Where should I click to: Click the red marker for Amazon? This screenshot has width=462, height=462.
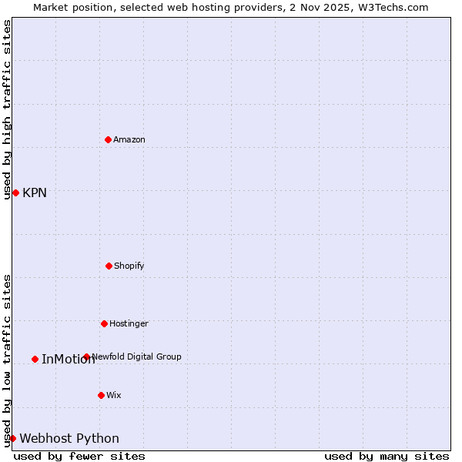point(108,139)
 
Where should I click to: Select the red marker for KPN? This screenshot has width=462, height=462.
point(15,192)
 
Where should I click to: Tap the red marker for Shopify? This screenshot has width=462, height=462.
point(109,266)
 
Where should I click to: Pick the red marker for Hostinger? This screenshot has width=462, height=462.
point(104,323)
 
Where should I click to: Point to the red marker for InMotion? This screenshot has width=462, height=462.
point(35,359)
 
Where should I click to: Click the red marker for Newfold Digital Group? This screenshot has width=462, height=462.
point(86,357)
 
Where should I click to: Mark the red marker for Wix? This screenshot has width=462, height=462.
point(101,395)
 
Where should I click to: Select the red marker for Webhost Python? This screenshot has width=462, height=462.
point(12,438)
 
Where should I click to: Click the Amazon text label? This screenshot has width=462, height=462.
point(129,139)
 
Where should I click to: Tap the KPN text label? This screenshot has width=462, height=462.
point(35,193)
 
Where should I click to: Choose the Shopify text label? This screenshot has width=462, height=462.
point(129,266)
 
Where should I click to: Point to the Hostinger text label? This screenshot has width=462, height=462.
point(129,323)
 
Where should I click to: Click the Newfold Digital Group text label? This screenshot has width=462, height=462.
point(137,357)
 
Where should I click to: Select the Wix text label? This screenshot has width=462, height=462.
point(114,395)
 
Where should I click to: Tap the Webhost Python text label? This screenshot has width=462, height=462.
point(69,439)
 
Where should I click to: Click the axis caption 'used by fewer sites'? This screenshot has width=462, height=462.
point(79,456)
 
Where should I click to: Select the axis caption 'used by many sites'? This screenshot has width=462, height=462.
point(387,456)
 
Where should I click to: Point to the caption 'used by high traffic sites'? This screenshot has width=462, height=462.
point(7,109)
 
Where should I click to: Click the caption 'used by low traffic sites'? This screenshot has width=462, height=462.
point(7,360)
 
